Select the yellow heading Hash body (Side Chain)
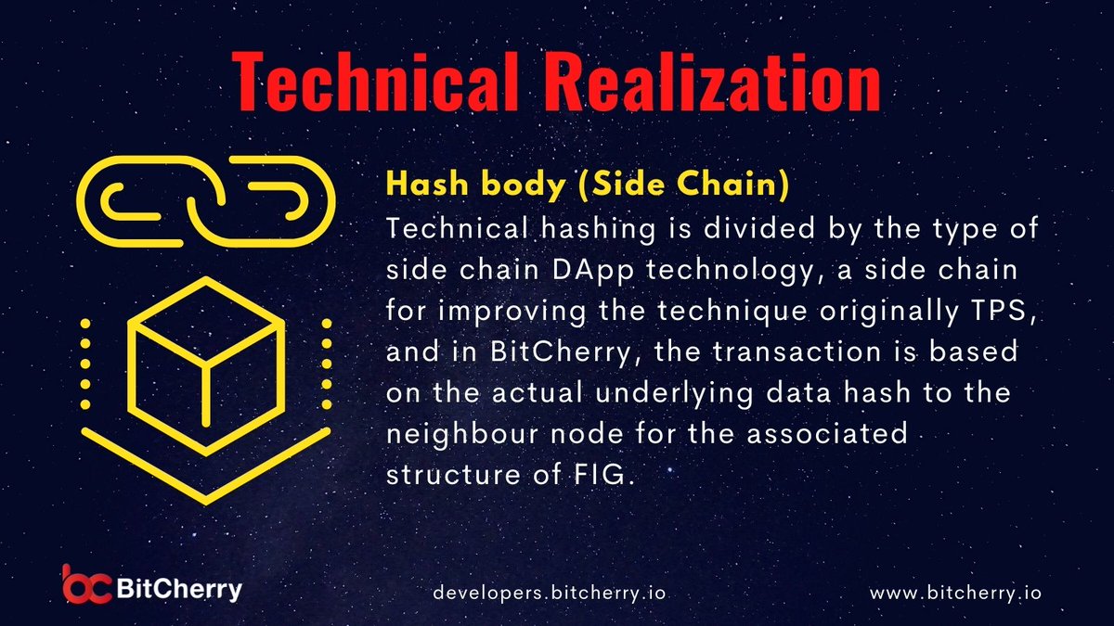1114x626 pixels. pos(588,185)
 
